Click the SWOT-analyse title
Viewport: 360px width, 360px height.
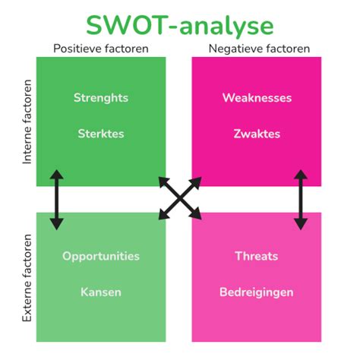coord(180,26)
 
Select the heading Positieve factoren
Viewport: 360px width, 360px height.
coord(101,49)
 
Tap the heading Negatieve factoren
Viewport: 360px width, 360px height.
coord(259,49)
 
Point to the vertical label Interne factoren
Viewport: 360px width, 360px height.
coord(27,122)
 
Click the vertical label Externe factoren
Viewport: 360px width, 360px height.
coord(27,278)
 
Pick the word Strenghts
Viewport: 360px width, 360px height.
coord(101,98)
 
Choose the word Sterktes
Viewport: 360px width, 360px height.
coord(101,134)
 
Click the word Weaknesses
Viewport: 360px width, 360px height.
coord(257,98)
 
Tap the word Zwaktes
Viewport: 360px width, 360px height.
coord(257,134)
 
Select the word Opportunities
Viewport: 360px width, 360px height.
coord(101,257)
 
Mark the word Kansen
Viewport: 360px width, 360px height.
coord(101,292)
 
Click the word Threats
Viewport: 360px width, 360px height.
coord(257,256)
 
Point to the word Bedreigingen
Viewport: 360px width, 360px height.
coord(257,292)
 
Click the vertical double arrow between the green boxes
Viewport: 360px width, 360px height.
coord(56,200)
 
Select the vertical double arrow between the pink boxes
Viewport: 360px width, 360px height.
coord(301,200)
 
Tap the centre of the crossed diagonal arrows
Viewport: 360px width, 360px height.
coord(180,198)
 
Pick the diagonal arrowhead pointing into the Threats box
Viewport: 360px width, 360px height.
coord(195,213)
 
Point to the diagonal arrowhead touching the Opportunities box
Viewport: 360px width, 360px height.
coord(165,213)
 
